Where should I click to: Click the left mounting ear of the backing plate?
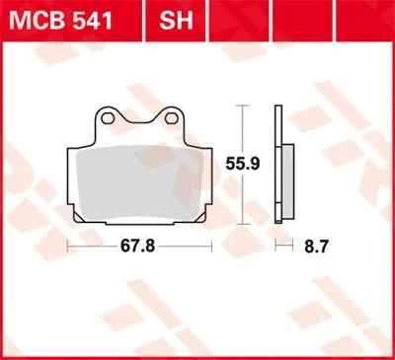(110, 120)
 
